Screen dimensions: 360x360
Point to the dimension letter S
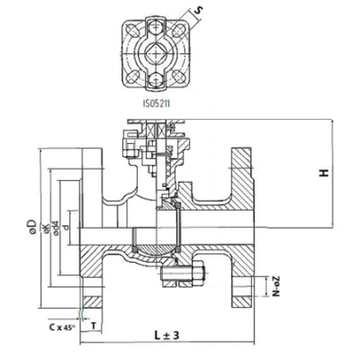tap(199, 13)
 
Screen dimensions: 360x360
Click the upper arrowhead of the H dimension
tap(333, 122)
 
